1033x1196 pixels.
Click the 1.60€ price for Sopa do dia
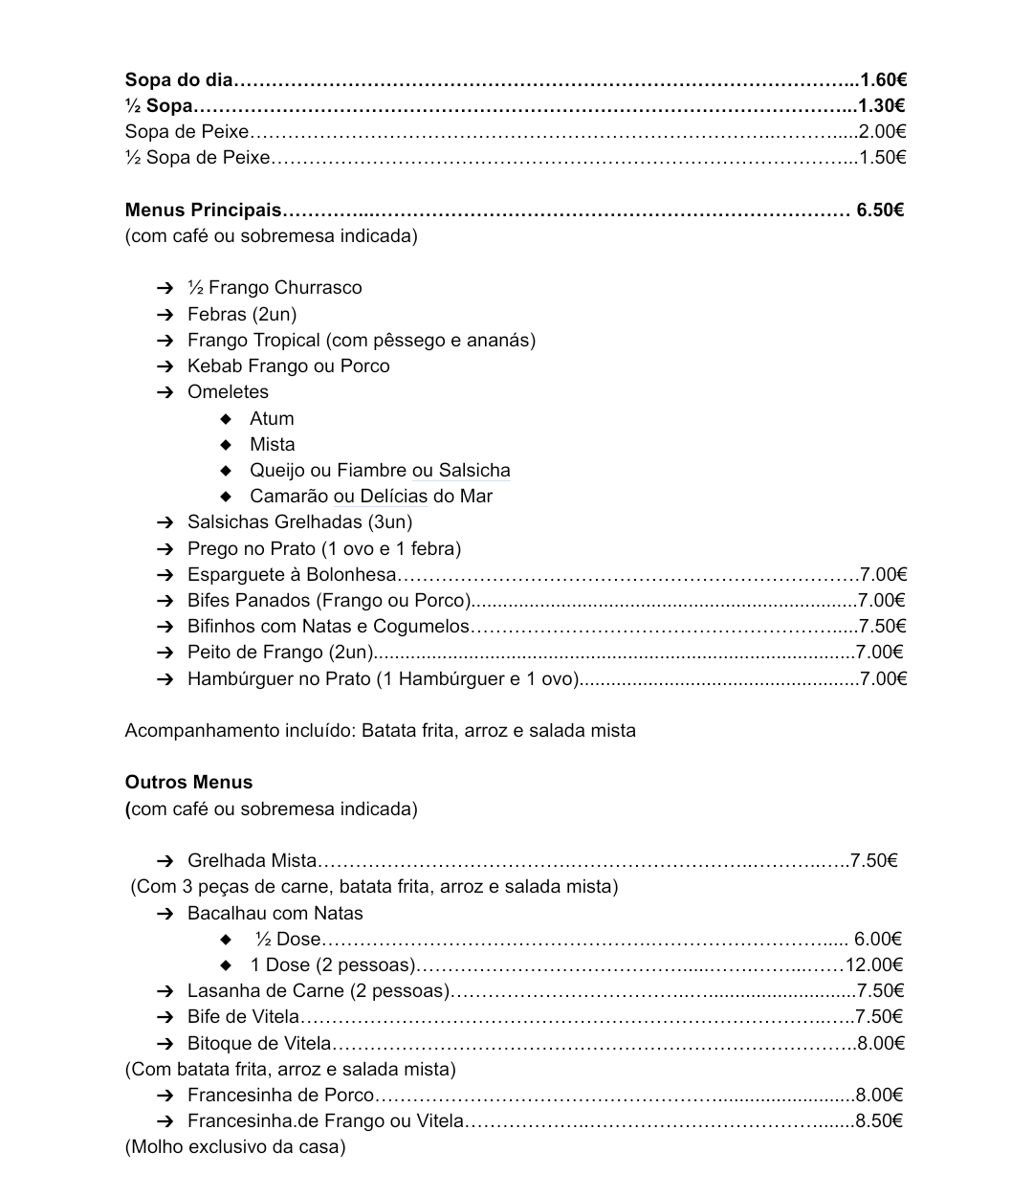pos(883,79)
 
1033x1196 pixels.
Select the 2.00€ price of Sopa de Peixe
pos(882,131)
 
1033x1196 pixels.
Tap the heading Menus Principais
pos(203,210)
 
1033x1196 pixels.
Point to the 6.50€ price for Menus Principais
pos(880,210)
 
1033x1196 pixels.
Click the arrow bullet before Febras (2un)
pos(165,314)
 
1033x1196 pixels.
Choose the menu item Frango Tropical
pos(361,340)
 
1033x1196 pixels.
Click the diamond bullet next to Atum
pos(226,418)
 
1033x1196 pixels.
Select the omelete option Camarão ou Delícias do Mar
pos(371,496)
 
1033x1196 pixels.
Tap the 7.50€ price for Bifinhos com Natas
pos(883,626)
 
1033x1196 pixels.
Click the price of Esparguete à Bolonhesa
pos(883,574)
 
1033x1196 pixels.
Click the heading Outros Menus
pos(188,782)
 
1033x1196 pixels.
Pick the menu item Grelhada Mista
pos(252,860)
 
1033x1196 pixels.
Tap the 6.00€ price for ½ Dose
pos(878,939)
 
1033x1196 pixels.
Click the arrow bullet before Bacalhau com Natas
pos(165,913)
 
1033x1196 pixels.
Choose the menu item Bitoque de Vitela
pos(258,1043)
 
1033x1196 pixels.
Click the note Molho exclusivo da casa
pos(235,1146)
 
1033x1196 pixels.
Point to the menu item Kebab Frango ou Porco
pos(288,365)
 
